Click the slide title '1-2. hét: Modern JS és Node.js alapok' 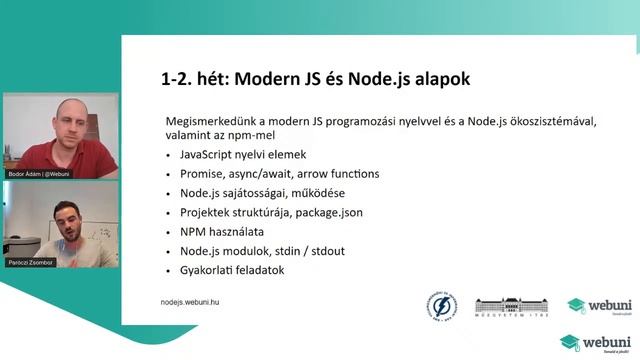tap(315, 78)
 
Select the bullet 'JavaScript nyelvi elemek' tap(243, 155)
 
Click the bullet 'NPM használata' tap(222, 231)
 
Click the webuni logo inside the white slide tap(590, 305)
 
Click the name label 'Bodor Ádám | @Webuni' tap(38, 173)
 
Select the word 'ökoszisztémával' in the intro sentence tap(549, 121)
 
